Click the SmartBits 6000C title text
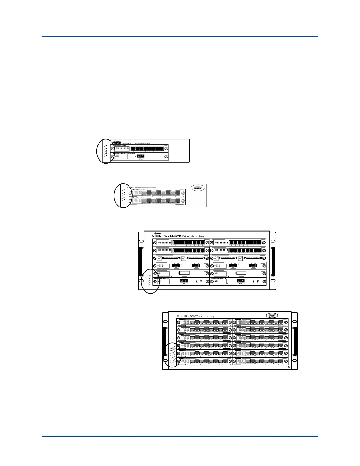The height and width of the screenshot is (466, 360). click(188, 317)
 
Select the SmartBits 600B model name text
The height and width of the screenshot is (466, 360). click(133, 187)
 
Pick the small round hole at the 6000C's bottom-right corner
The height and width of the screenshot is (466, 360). click(289, 367)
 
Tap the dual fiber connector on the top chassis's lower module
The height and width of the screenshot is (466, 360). click(140, 156)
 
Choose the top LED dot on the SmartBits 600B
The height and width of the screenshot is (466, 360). click(124, 190)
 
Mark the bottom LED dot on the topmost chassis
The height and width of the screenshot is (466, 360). click(106, 156)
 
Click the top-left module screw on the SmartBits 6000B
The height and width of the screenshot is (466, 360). click(155, 243)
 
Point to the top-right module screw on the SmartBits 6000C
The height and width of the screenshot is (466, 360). click(286, 322)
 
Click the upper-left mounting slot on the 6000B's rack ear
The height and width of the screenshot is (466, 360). click(141, 236)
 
